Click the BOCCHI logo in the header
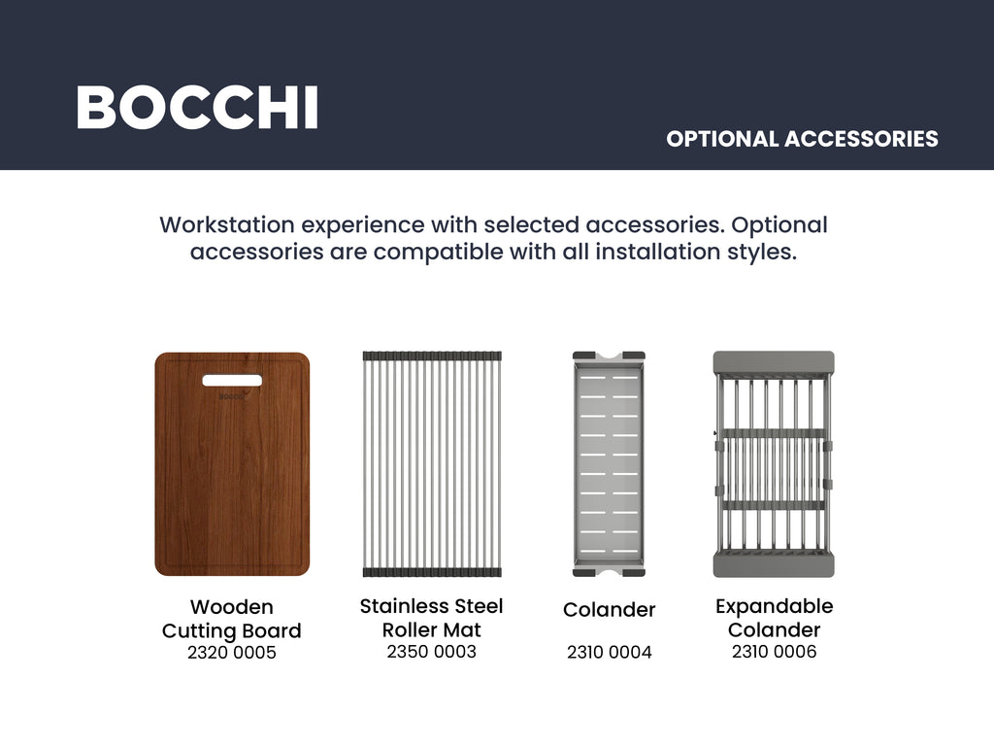(197, 108)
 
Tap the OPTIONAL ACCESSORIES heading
(802, 139)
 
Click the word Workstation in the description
(227, 225)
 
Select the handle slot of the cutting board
(232, 380)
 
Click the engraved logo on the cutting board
(231, 396)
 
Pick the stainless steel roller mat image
(432, 463)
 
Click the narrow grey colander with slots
(609, 463)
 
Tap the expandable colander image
(774, 463)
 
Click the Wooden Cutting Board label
(231, 619)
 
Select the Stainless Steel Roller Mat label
(432, 618)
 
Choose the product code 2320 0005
(231, 653)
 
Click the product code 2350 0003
(432, 652)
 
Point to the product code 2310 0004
(610, 652)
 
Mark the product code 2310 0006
(774, 652)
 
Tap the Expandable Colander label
(774, 618)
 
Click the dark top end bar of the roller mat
(432, 356)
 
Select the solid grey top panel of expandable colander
(774, 361)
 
